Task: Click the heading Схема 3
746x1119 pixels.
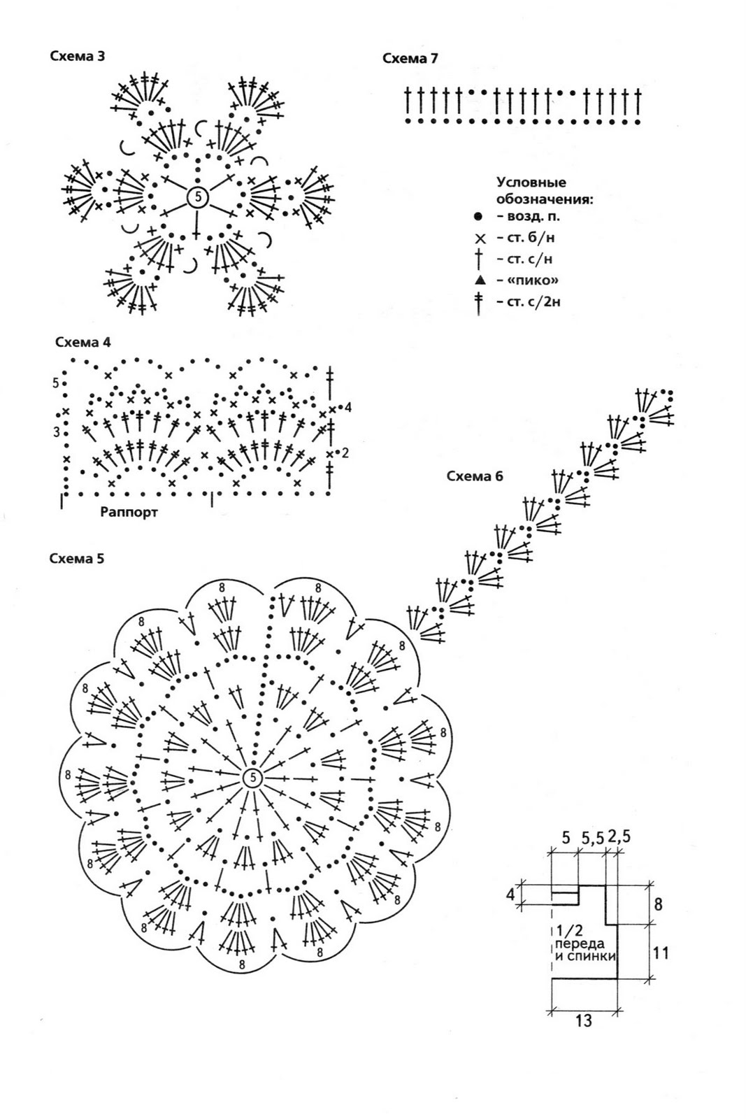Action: pos(77,56)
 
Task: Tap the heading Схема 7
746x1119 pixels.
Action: pos(410,59)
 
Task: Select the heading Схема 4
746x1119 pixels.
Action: pos(83,343)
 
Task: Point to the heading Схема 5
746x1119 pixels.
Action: pos(77,559)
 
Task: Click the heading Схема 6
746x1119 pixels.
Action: pos(475,477)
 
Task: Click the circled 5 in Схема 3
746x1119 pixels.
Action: pos(198,199)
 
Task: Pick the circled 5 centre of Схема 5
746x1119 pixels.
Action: pos(252,778)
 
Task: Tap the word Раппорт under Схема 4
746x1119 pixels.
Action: pos(129,512)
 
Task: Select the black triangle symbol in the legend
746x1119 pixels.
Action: pos(479,280)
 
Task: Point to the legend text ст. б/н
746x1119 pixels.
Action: pos(526,238)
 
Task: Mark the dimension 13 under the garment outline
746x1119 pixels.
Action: pos(583,1021)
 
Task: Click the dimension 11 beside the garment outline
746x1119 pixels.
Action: pos(661,952)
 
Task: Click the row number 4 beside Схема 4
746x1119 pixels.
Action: pos(348,407)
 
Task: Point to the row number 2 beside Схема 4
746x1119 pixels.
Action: pos(345,453)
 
